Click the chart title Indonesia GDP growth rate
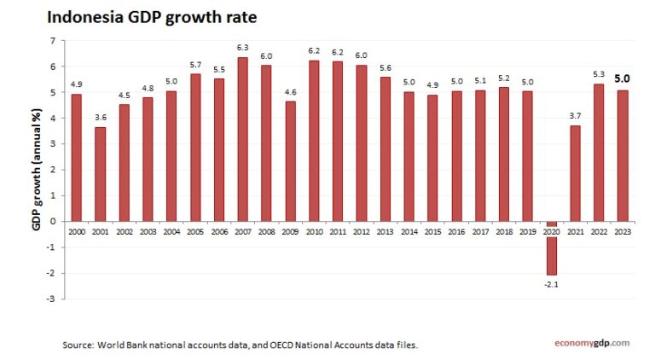coord(151,16)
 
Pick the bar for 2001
coord(101,174)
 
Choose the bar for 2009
coord(290,161)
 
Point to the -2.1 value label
coord(552,283)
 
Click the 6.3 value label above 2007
coord(243,48)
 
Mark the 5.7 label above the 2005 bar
coord(195,64)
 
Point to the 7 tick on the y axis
coord(53,41)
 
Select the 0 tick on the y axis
coord(53,222)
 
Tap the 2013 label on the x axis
coord(385,231)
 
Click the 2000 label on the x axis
coord(77,231)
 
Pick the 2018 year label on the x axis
coord(504,231)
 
